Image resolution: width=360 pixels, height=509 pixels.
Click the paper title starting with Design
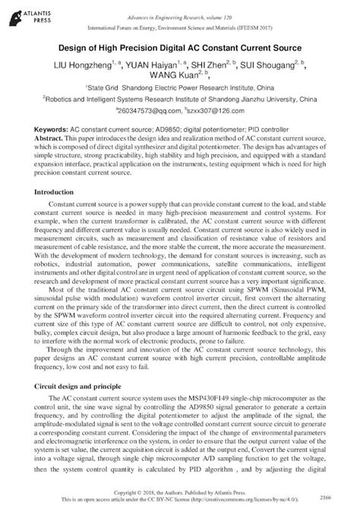180,49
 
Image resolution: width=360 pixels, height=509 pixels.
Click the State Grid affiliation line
179,88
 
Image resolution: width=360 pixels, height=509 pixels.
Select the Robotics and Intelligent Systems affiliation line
180,99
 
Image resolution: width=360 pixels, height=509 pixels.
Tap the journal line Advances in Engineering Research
179,17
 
